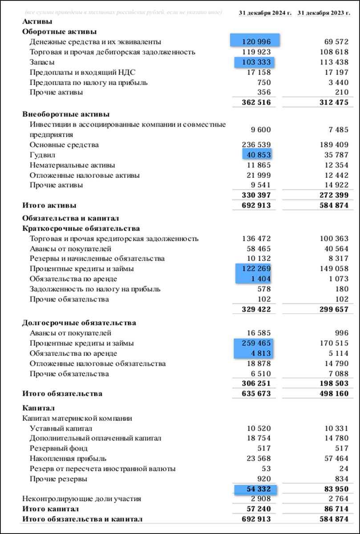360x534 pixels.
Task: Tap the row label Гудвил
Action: [42, 155]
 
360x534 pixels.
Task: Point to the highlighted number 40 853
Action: [257, 155]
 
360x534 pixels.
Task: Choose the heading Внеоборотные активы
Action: [66, 114]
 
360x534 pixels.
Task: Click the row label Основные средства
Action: [64, 145]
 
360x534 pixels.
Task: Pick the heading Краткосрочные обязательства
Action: [81, 229]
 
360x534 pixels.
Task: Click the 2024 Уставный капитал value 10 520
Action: [259, 429]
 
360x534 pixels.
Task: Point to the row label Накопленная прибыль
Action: [68, 459]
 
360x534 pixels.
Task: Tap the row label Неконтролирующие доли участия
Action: [81, 499]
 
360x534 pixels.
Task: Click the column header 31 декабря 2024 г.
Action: [265, 12]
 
